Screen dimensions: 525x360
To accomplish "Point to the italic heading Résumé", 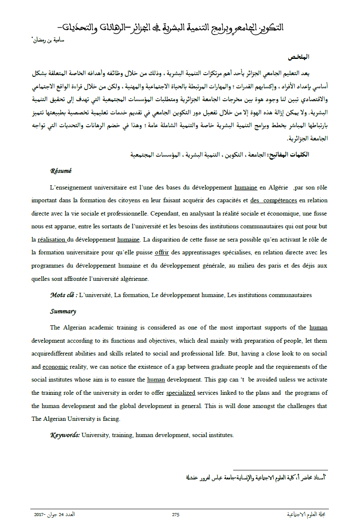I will [61, 171].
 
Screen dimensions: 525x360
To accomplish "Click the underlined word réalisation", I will [52, 239].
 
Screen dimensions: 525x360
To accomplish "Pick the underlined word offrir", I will [162, 252].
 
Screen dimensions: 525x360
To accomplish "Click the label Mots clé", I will [63, 295].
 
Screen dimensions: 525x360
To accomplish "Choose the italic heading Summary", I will [63, 311].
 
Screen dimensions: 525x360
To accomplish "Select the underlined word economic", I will [54, 367].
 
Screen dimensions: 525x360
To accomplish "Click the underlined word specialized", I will [181, 393].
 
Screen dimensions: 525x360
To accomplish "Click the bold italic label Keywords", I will [65, 435].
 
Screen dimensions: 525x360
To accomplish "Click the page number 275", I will [176, 515].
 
